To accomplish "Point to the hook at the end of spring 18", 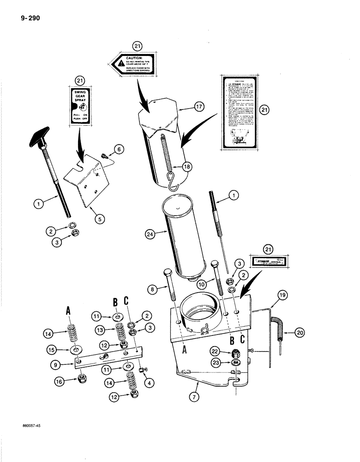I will click(x=172, y=185).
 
